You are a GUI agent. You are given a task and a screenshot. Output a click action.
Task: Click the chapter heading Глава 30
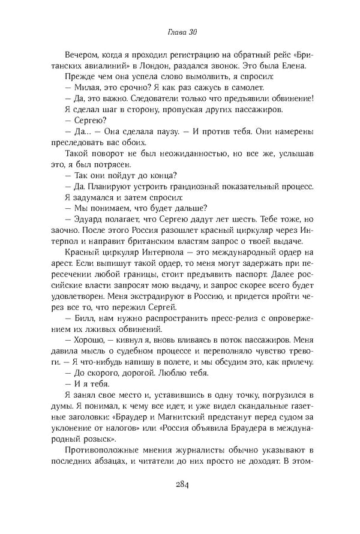(x=179, y=31)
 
